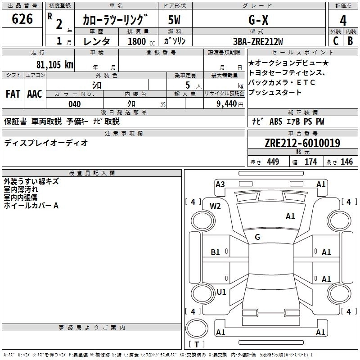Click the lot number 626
22,19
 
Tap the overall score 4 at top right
343,20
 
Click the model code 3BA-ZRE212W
259,41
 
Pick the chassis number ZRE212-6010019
302,144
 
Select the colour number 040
75,104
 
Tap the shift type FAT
13,94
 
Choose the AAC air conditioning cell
35,94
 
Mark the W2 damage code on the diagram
215,206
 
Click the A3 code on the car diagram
220,184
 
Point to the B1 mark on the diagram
216,252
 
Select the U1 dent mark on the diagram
221,292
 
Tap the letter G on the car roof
257,237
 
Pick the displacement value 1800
137,41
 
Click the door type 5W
174,20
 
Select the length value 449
273,162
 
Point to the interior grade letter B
350,41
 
